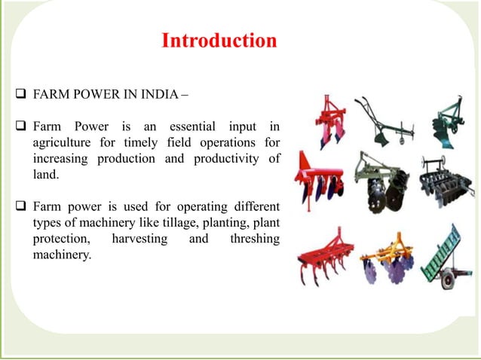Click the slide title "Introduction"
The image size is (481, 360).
tap(219, 40)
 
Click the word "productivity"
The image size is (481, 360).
tap(227, 159)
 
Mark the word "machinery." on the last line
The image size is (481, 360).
tap(62, 256)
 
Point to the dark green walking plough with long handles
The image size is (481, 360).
tap(384, 121)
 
